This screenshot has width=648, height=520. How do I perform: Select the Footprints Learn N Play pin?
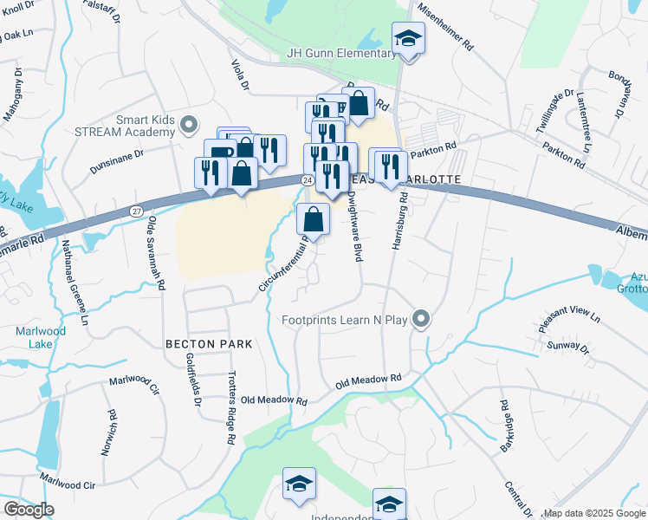click(x=421, y=320)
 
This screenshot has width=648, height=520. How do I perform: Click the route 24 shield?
click(x=308, y=179)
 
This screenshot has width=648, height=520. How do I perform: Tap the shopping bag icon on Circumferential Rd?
click(x=314, y=220)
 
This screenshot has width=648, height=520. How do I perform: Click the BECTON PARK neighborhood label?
click(x=209, y=344)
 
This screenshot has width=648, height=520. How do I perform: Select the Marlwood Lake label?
click(x=40, y=338)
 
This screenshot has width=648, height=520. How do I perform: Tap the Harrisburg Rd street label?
click(x=399, y=221)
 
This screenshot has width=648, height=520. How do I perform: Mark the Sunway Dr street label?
click(x=570, y=349)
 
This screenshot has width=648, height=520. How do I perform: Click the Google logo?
click(x=29, y=510)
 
